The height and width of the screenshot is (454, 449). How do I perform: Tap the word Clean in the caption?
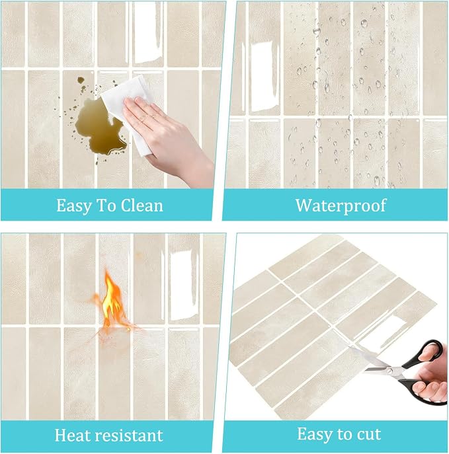142,206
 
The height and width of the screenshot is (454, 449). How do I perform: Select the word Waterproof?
341,206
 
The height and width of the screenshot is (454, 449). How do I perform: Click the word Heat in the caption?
73,435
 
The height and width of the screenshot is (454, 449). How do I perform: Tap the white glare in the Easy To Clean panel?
147,33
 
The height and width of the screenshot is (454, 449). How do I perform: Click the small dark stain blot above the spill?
81,79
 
